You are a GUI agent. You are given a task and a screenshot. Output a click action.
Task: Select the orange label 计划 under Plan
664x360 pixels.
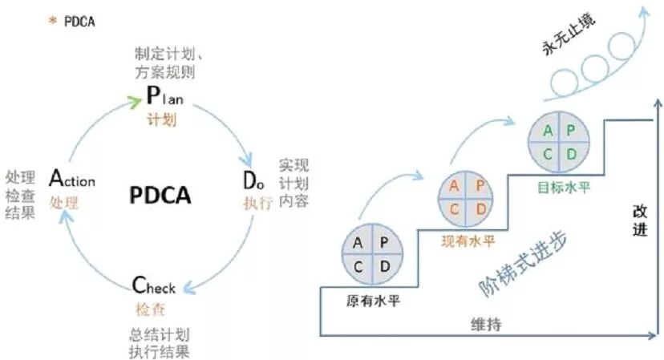pyautogui.click(x=160, y=119)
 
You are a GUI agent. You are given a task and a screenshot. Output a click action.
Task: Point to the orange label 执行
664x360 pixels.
pyautogui.click(x=257, y=202)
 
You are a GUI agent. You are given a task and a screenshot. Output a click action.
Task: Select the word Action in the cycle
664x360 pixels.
pyautogui.click(x=72, y=180)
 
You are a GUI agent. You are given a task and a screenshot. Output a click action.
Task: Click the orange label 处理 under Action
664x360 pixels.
pyautogui.click(x=64, y=203)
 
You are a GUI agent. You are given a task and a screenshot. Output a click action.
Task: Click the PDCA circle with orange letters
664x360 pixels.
pyautogui.click(x=465, y=196)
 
